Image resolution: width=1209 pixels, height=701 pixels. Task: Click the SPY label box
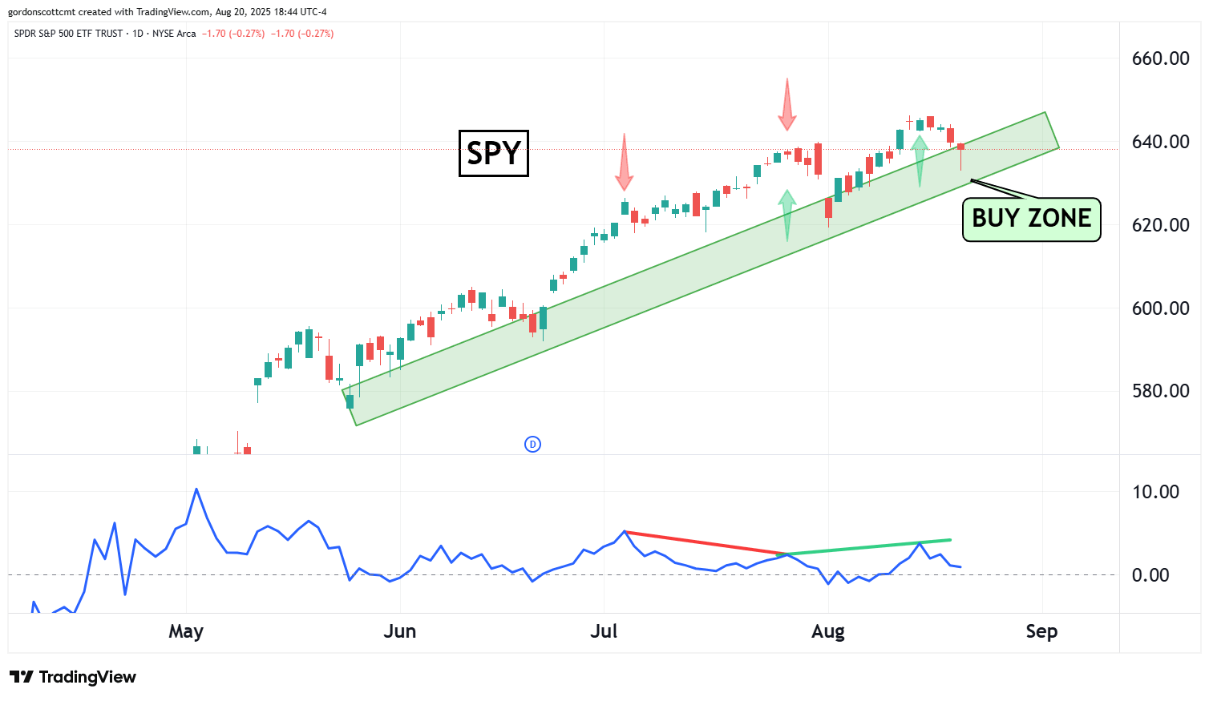[x=493, y=153]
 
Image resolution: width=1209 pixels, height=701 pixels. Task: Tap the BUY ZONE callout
[x=1031, y=219]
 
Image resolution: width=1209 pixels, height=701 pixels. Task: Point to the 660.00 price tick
[x=1160, y=58]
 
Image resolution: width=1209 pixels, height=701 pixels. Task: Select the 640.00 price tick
[x=1160, y=142]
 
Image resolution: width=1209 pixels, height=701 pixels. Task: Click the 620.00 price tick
[x=1160, y=225]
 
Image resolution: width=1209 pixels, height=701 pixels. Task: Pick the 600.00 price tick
[x=1160, y=308]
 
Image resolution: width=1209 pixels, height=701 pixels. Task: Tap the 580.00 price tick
[x=1160, y=391]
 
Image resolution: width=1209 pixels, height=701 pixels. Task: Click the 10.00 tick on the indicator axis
[x=1155, y=492]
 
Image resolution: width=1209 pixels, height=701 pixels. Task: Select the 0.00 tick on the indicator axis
[x=1150, y=575]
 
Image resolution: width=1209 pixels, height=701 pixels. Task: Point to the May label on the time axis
[x=186, y=631]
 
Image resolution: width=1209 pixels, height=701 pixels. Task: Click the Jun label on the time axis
[x=399, y=631]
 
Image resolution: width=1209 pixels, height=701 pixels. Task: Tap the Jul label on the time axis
[x=604, y=631]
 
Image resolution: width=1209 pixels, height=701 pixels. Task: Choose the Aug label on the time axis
[x=828, y=631]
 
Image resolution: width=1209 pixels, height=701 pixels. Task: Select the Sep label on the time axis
[x=1041, y=631]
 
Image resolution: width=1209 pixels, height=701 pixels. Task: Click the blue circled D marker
[x=532, y=444]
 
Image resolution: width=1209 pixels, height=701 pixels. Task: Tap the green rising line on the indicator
[x=866, y=547]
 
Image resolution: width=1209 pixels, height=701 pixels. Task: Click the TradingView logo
[x=73, y=677]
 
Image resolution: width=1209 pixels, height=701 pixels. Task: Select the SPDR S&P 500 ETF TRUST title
[x=69, y=34]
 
